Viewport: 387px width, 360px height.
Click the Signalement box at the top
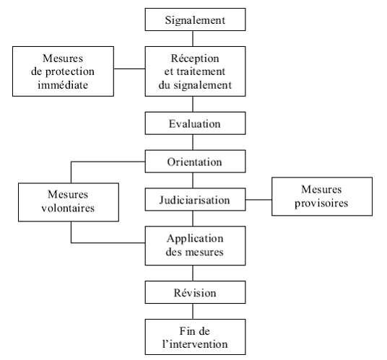click(195, 19)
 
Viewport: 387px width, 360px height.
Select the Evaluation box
click(195, 123)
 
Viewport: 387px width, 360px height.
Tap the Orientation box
click(195, 162)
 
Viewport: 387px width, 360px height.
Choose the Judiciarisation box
click(195, 200)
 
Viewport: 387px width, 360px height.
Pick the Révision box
click(195, 292)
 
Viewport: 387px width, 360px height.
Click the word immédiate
click(63, 85)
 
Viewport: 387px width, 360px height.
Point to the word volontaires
click(68, 208)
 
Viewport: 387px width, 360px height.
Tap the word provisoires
click(321, 203)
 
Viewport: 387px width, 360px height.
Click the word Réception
click(195, 58)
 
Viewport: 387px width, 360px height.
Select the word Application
click(195, 239)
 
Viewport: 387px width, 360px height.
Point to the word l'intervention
click(195, 344)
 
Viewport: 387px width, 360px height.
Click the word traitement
click(201, 71)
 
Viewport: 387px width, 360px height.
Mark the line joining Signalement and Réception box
click(193, 38)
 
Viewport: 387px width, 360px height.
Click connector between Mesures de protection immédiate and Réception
click(129, 69)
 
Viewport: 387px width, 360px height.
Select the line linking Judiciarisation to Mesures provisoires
click(258, 200)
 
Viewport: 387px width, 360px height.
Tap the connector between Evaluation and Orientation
click(193, 142)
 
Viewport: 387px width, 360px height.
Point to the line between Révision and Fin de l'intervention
click(193, 312)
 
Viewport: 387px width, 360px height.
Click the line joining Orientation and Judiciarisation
click(193, 180)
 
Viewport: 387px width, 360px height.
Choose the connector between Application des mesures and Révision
click(193, 273)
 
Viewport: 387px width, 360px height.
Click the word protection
click(70, 71)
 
